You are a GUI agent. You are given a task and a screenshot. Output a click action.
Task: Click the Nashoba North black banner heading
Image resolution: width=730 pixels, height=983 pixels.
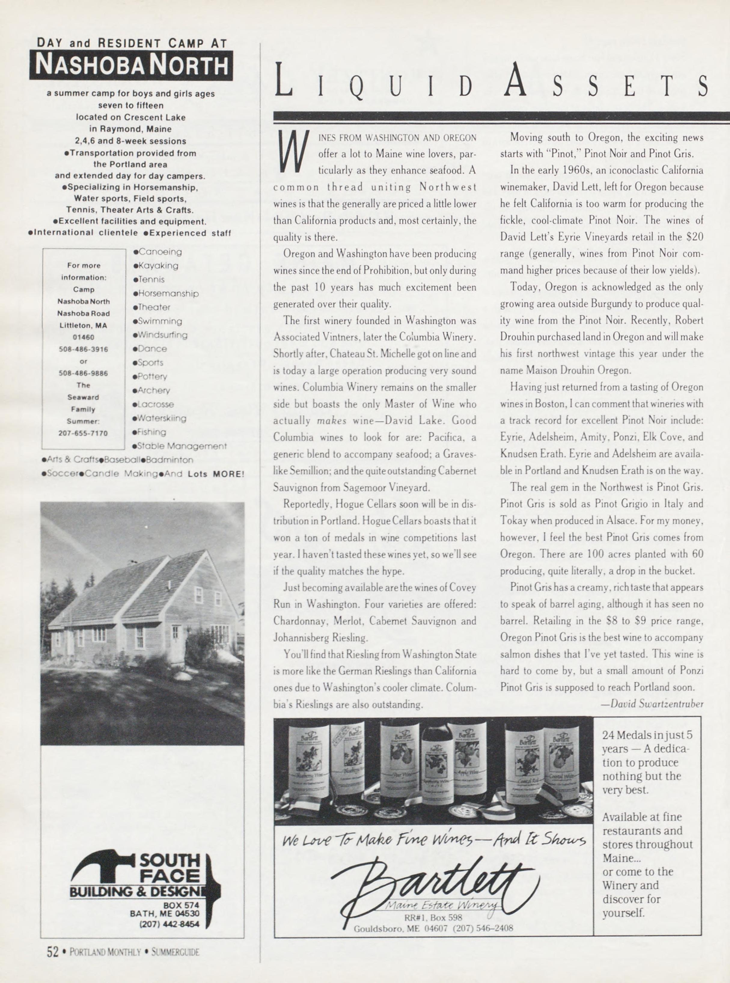131,66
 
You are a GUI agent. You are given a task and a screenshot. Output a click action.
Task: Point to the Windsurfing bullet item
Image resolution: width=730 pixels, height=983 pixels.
161,335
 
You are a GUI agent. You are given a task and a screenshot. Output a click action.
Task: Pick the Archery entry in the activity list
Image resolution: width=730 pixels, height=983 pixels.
151,390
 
